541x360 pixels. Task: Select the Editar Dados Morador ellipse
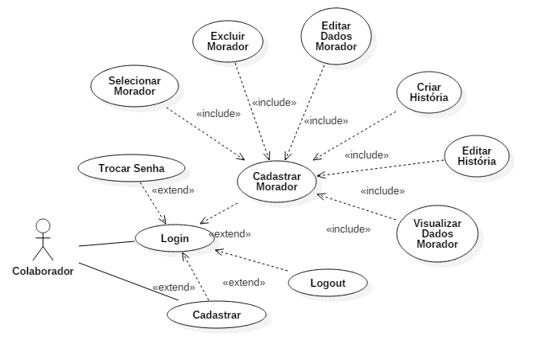pyautogui.click(x=336, y=36)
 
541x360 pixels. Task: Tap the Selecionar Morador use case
pyautogui.click(x=134, y=86)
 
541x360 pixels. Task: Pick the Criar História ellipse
pyautogui.click(x=429, y=92)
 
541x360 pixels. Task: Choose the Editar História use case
pyautogui.click(x=476, y=156)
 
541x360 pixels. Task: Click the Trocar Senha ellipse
pyautogui.click(x=131, y=169)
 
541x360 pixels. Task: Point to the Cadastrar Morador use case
pyautogui.click(x=276, y=182)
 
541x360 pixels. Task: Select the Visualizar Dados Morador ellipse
pyautogui.click(x=437, y=234)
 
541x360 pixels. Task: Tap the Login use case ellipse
pyautogui.click(x=174, y=238)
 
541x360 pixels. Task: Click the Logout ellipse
pyautogui.click(x=327, y=283)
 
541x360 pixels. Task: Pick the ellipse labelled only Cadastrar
pyautogui.click(x=216, y=315)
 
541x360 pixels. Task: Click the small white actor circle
pyautogui.click(x=43, y=225)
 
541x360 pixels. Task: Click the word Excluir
pyautogui.click(x=228, y=36)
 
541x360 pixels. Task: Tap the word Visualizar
pyautogui.click(x=437, y=224)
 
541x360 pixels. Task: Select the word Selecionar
pyautogui.click(x=135, y=81)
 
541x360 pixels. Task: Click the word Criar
pyautogui.click(x=429, y=87)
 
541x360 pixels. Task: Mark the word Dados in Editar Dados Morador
pyautogui.click(x=336, y=36)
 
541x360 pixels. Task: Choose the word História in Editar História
pyautogui.click(x=476, y=162)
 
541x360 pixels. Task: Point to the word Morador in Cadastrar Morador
pyautogui.click(x=276, y=187)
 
